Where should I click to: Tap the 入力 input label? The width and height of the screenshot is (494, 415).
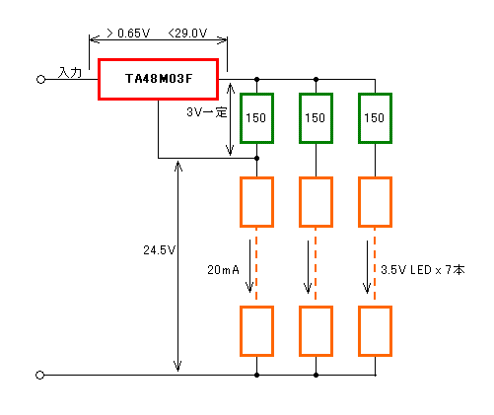pos(70,72)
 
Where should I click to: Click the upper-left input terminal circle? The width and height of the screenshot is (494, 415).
pos(40,80)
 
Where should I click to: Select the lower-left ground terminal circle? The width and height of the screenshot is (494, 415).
pos(39,375)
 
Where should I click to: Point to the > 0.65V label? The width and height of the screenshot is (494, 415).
pos(128,33)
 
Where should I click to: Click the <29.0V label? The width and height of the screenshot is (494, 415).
pos(187,33)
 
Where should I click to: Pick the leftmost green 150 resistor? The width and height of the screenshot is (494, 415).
pos(256,95)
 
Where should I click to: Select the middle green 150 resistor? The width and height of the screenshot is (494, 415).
pos(316,95)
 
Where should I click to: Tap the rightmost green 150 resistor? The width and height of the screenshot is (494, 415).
pos(375,95)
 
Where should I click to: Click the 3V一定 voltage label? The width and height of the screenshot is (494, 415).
pos(207,112)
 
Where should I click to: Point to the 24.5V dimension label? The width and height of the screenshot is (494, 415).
pos(159,250)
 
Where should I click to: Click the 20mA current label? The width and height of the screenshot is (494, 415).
pos(223,270)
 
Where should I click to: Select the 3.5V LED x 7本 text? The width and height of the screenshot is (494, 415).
pos(423,270)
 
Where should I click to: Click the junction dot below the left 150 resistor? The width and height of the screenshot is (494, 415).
pos(256,158)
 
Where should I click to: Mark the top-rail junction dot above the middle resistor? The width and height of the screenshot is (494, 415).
pos(316,79)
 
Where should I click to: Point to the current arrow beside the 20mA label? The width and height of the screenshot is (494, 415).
pos(249,266)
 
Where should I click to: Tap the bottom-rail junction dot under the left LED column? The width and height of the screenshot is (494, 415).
pos(256,375)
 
